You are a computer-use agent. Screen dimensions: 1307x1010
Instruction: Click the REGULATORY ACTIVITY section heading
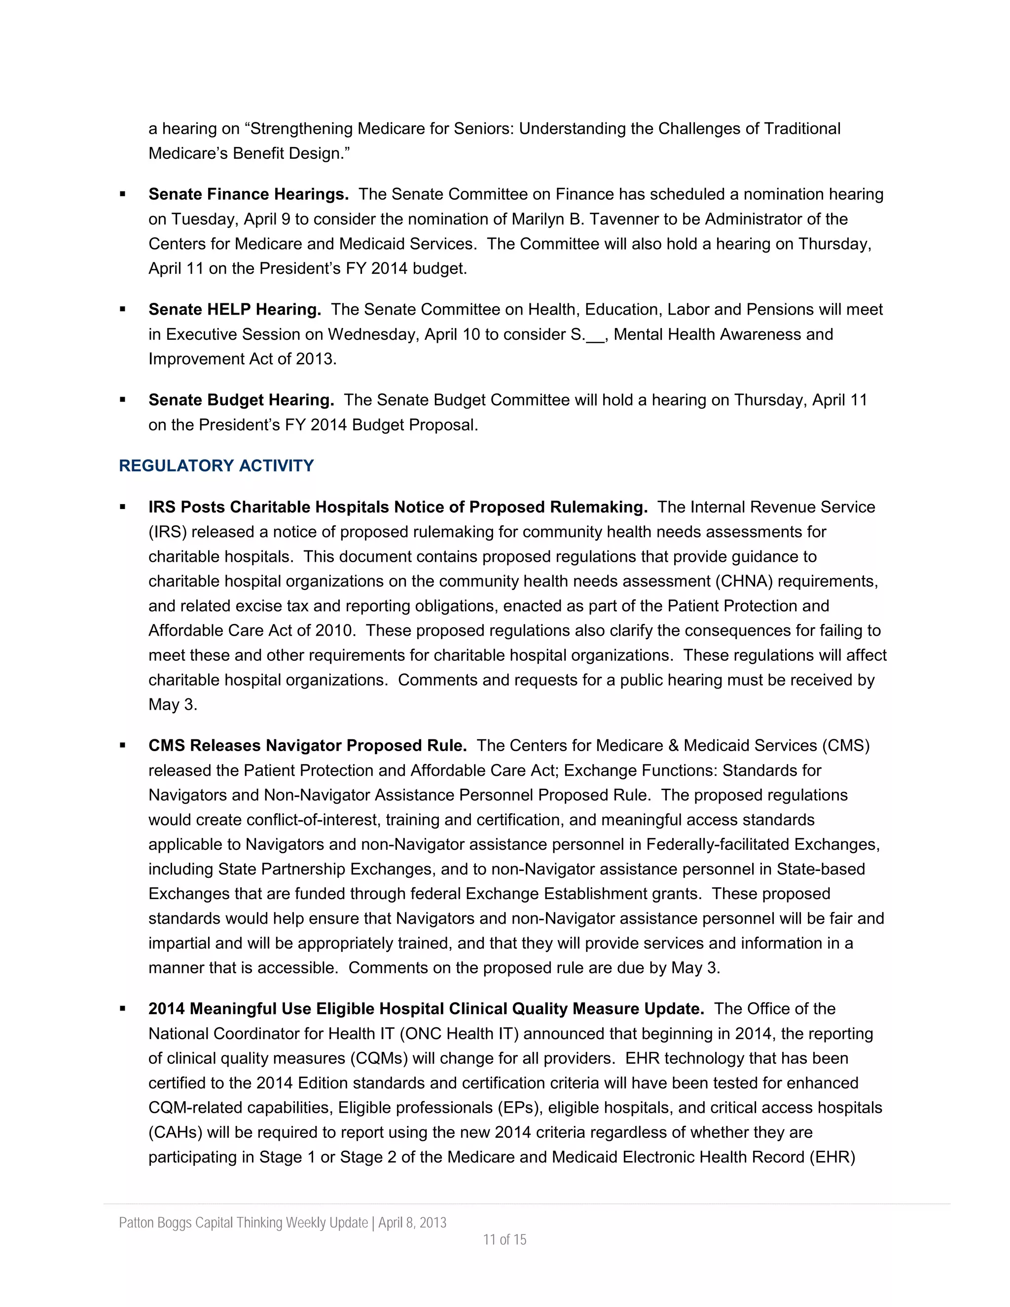tap(216, 466)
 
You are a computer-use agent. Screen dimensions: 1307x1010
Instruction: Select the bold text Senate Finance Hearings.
tap(249, 194)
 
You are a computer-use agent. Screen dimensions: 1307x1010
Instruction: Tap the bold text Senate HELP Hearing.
tap(235, 309)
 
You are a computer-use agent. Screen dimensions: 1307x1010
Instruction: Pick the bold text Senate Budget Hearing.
tap(241, 400)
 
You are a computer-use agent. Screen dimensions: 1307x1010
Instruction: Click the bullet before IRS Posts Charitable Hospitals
tap(123, 507)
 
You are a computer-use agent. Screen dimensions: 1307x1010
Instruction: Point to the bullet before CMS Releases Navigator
tap(123, 745)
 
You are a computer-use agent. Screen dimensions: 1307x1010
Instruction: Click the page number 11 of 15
tap(505, 1239)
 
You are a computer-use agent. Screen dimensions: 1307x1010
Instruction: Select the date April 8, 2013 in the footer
tap(412, 1222)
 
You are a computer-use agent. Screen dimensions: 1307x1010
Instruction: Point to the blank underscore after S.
tap(595, 334)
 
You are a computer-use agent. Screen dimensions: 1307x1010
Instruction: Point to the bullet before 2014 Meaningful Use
tap(123, 1009)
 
